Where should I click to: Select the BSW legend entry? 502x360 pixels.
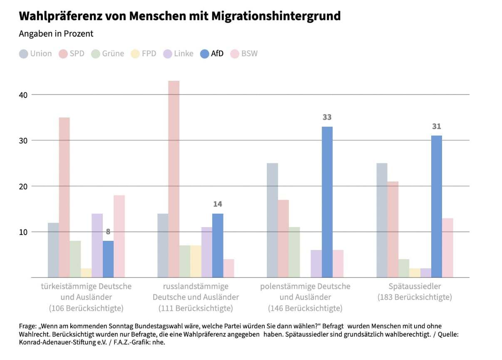pos(244,54)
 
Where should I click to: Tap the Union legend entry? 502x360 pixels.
pos(36,54)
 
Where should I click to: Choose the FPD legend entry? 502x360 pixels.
pos(144,54)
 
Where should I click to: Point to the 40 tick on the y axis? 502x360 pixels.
pos(22,95)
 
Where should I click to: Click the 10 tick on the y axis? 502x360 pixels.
pos(22,232)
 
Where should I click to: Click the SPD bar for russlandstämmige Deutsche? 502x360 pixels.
pos(174,179)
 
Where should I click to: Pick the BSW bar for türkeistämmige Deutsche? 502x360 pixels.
pos(119,236)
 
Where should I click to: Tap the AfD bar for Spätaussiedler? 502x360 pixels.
pos(436,207)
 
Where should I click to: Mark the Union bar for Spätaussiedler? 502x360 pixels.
pos(382,220)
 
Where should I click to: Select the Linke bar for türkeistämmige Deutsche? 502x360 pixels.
pos(97,245)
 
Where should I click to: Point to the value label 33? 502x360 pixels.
pos(327,117)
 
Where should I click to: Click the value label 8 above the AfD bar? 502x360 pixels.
pos(108,232)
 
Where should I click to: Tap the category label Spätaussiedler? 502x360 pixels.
pos(414,287)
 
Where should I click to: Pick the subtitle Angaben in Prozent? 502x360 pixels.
pos(56,34)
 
